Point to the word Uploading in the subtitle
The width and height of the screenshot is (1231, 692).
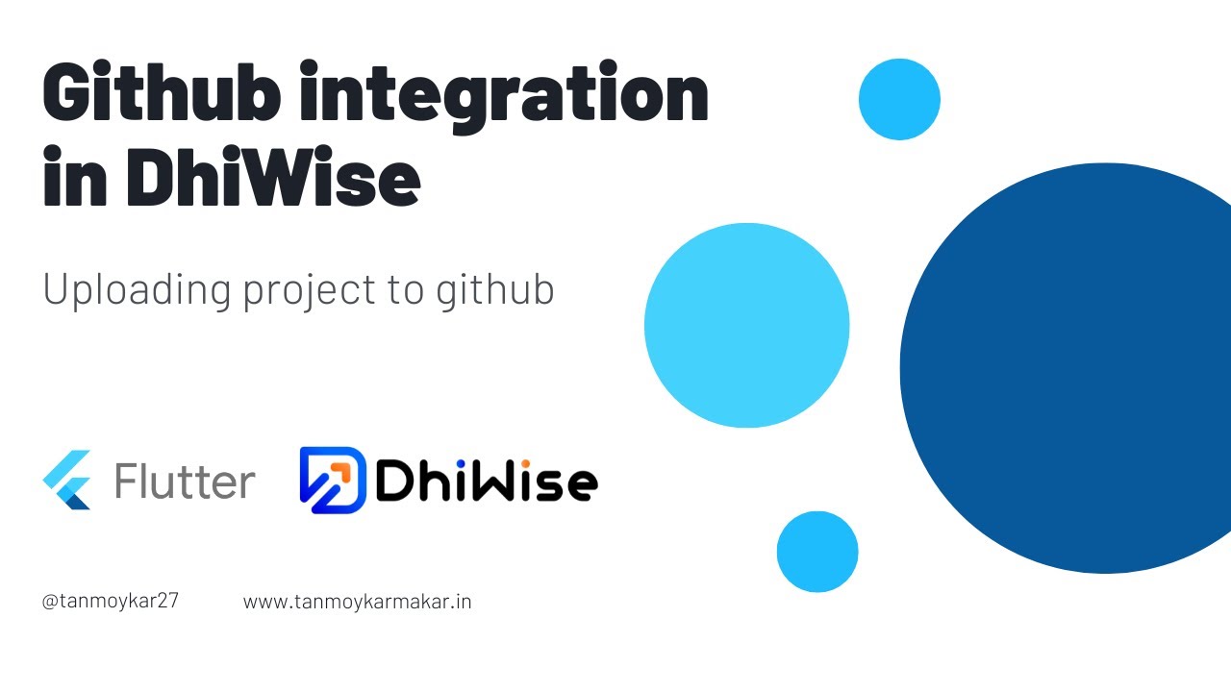click(x=137, y=289)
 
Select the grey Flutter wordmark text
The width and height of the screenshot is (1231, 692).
click(x=185, y=481)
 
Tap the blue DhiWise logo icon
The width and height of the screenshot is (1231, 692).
click(x=333, y=480)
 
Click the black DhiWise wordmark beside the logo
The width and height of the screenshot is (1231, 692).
click(x=486, y=481)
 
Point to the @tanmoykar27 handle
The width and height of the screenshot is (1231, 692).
click(x=111, y=602)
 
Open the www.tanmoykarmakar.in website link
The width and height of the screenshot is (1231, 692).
click(x=357, y=603)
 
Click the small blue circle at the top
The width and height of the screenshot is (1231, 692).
click(x=899, y=99)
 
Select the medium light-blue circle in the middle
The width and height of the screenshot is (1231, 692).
click(x=746, y=326)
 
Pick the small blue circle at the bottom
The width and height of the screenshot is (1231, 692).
click(x=817, y=552)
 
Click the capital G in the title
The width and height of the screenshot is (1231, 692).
click(x=68, y=94)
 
